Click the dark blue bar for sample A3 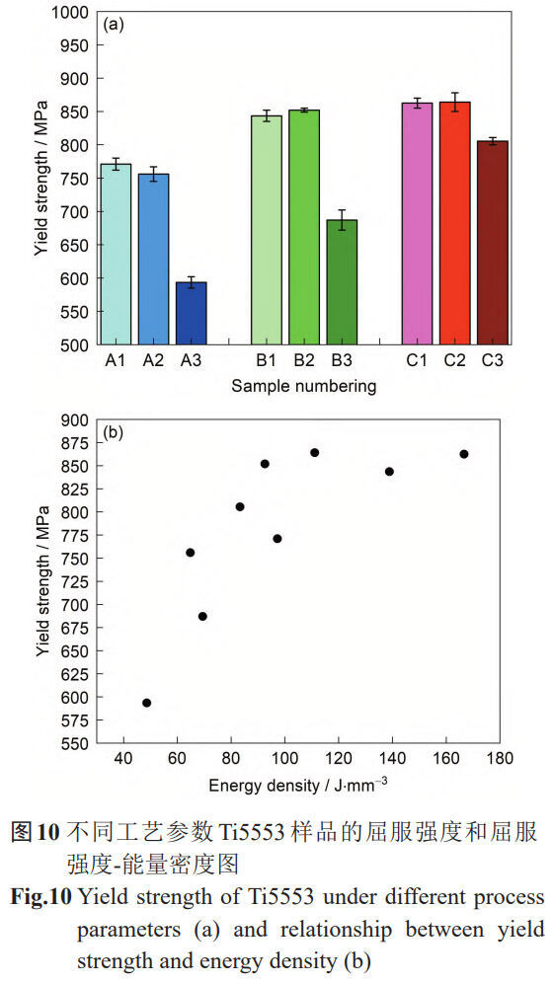point(191,314)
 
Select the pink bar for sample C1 point(417,224)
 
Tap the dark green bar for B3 point(342,282)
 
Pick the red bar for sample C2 point(455,223)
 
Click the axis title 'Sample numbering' point(304,385)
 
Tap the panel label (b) point(115,431)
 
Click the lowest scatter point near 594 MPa point(147,703)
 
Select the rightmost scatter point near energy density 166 point(464,454)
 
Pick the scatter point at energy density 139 point(389,472)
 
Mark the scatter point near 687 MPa point(202,616)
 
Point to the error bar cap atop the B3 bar point(342,210)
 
